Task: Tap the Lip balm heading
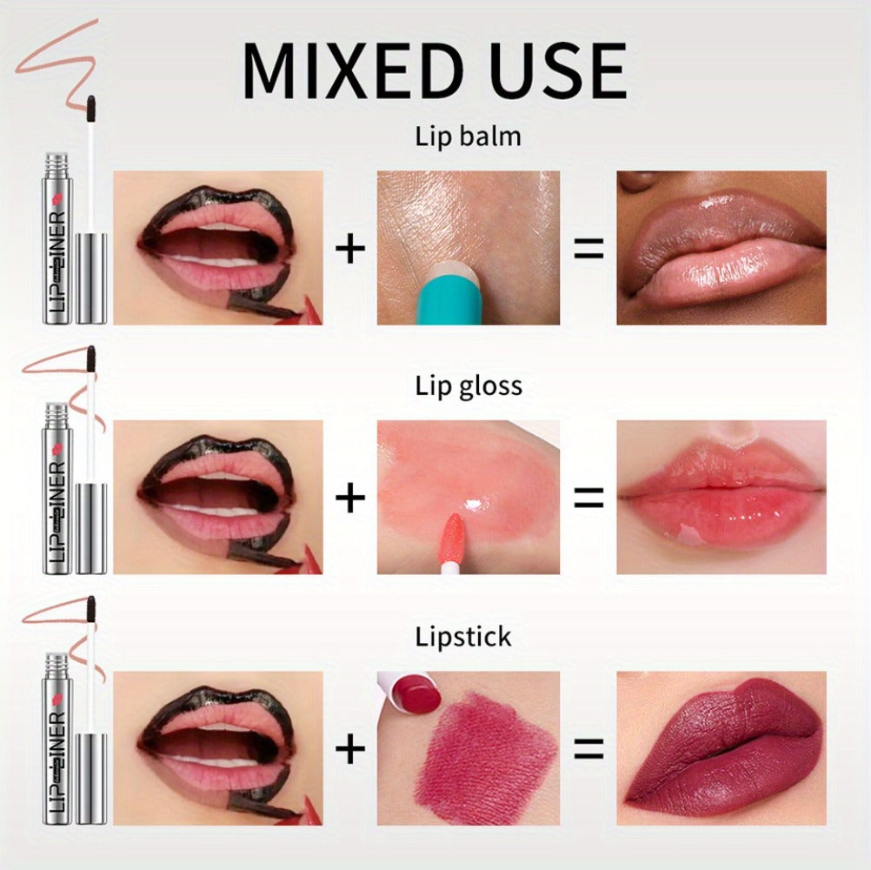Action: click(468, 137)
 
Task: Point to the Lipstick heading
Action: click(462, 637)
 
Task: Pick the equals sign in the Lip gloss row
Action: click(588, 498)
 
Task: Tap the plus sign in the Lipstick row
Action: click(350, 748)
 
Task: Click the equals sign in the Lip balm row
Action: click(588, 248)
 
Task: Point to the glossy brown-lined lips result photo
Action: click(721, 248)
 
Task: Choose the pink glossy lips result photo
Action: click(721, 498)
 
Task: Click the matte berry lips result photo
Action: click(721, 748)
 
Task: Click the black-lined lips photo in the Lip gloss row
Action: click(217, 498)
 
